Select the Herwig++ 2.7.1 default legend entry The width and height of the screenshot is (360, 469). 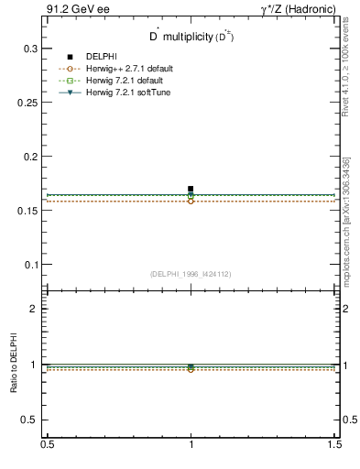tap(129, 69)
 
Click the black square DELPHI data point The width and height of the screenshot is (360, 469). tap(191, 189)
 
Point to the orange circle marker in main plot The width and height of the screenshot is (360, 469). tap(191, 201)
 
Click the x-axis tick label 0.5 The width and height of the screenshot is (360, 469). tap(47, 444)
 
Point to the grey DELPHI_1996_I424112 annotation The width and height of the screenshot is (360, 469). tap(190, 274)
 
